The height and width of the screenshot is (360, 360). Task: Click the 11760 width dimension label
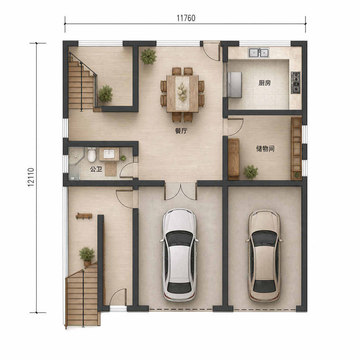[x=186, y=18]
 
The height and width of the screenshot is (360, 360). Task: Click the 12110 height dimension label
[x=31, y=177]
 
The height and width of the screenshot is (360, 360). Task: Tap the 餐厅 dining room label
[x=181, y=131]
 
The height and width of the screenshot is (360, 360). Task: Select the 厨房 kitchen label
[x=264, y=83]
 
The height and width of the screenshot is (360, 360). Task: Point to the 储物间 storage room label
[x=265, y=149]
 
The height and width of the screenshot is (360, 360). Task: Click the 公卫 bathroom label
[x=96, y=169]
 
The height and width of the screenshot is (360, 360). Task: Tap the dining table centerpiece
[x=182, y=92]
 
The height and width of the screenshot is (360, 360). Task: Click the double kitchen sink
[x=258, y=53]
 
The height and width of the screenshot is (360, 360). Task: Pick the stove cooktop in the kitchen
[x=295, y=83]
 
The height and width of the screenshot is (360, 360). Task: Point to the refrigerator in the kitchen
[x=234, y=85]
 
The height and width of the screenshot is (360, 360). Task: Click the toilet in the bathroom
[x=92, y=155]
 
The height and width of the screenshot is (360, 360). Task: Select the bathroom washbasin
[x=109, y=154]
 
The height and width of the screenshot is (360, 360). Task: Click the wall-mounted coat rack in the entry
[x=84, y=216]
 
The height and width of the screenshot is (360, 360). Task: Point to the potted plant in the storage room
[x=251, y=172]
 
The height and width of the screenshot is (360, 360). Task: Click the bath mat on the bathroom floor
[x=111, y=169]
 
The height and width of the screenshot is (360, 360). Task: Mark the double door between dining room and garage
[x=180, y=192]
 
